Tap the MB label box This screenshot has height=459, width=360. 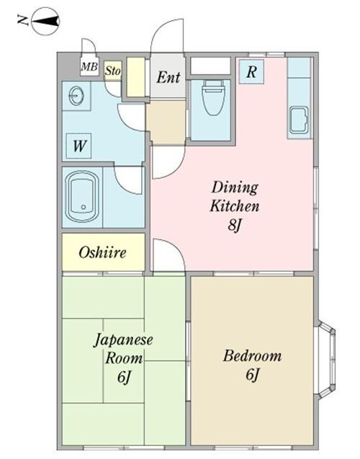89,67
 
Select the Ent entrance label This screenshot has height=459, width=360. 168,76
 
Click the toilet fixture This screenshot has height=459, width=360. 212,100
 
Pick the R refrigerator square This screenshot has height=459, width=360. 251,71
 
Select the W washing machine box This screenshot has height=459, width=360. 79,147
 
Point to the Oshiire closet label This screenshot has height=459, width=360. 103,253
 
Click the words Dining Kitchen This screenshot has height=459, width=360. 234,197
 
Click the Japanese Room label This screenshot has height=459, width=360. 120,348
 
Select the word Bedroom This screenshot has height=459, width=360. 252,356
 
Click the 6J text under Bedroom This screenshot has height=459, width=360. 252,375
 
